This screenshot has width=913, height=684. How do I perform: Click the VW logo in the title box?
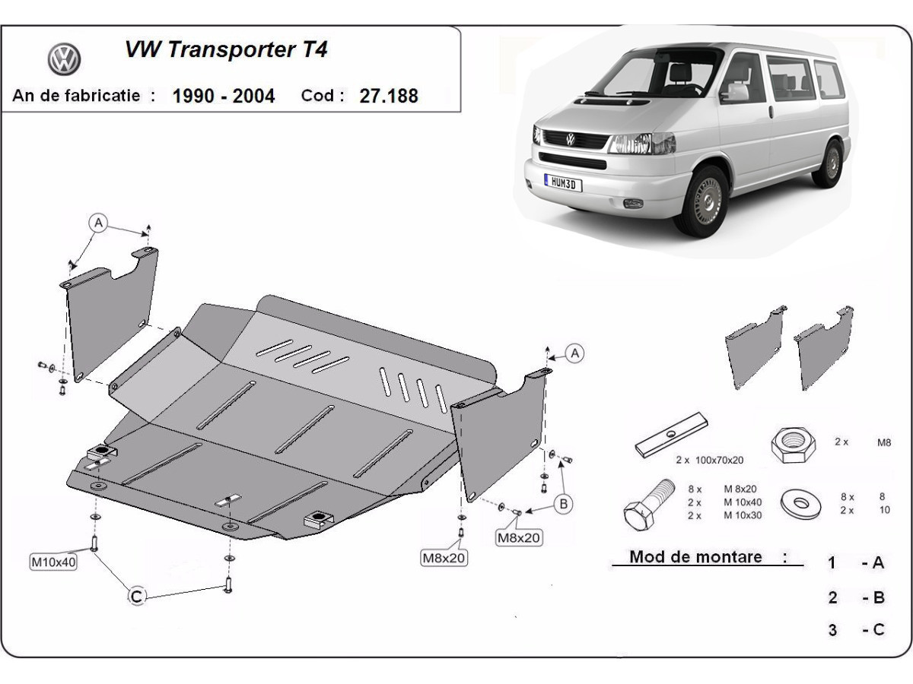pos(65,59)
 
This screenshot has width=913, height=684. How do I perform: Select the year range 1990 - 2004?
pos(224,96)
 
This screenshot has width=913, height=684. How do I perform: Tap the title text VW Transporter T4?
pos(226,50)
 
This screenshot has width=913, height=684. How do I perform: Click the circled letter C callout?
pos(137,597)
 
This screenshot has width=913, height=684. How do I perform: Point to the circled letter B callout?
pos(564,502)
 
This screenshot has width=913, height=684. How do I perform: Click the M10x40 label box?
pos(52,562)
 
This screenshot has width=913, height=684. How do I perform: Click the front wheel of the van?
pos(705,201)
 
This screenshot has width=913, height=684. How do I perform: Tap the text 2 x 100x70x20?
pos(709,460)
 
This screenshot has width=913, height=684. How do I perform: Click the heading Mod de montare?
pos(695,557)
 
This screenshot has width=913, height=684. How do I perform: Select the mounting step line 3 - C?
pos(857,629)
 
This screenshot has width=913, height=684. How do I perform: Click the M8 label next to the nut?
pos(884,442)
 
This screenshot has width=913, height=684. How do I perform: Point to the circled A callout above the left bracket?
pos(97,223)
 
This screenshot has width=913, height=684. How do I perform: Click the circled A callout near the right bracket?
pos(575,353)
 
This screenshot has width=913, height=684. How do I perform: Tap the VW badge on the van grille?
pos(571,139)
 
